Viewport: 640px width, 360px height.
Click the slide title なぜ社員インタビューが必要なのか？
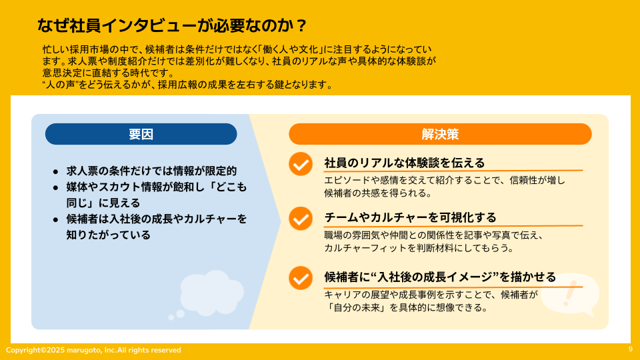[171, 25]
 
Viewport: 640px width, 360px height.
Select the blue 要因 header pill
[141, 134]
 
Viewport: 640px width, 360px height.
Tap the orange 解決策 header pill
[440, 134]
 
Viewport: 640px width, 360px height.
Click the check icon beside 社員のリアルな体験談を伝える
[301, 164]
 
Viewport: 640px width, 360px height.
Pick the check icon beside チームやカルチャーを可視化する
[301, 219]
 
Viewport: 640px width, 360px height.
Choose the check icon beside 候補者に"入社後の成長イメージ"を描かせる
[301, 278]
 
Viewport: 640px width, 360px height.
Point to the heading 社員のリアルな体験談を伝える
[405, 163]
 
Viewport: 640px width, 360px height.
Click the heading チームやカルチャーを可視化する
[410, 217]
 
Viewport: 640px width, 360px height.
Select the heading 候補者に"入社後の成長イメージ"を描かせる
[440, 277]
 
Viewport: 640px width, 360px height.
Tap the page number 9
[631, 349]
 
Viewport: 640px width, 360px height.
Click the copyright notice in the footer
[93, 350]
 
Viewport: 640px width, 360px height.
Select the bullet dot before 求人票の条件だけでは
[55, 172]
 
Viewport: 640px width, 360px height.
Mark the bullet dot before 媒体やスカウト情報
[55, 188]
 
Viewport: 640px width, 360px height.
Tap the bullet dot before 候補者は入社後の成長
[55, 220]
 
